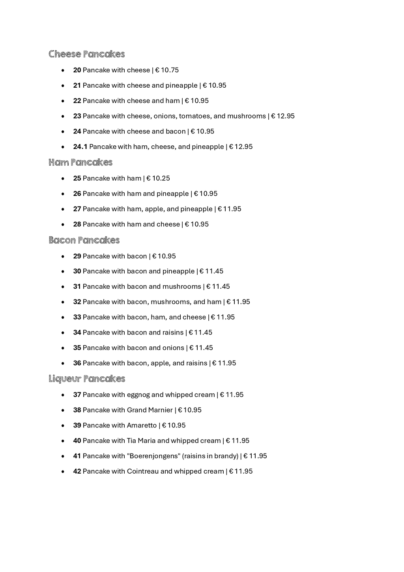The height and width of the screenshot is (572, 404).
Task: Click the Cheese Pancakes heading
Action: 86,54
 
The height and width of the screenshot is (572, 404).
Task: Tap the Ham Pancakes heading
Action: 80,162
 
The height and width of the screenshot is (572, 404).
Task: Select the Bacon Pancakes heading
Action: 84,240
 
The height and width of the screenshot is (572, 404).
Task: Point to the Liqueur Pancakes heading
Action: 87,379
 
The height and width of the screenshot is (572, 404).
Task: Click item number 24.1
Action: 80,147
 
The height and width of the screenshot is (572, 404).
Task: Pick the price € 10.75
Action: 167,70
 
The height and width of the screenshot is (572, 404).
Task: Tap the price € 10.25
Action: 158,178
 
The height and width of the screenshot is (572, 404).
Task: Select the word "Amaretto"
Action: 142,425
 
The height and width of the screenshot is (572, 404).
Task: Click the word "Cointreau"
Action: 143,471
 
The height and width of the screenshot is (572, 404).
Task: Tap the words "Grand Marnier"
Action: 150,410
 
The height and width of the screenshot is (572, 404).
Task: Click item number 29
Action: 77,256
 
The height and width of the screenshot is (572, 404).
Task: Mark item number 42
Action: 77,471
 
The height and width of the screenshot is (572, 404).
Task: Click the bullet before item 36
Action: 63,363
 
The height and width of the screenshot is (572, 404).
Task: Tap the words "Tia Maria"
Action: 141,440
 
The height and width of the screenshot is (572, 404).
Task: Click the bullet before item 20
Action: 63,70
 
